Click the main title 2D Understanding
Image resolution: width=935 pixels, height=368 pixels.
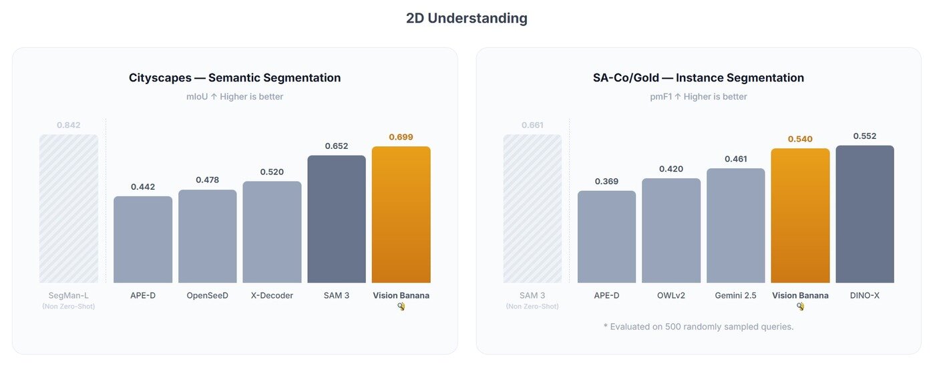(x=466, y=18)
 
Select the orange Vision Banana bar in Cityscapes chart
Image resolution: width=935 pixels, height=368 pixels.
(x=401, y=214)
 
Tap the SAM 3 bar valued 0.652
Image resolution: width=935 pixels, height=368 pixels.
(x=337, y=219)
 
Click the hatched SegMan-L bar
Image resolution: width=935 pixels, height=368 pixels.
(x=69, y=208)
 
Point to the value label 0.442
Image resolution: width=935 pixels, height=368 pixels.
(x=143, y=187)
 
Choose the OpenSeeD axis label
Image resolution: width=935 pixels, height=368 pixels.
(x=207, y=295)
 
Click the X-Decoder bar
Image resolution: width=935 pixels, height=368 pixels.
(x=272, y=232)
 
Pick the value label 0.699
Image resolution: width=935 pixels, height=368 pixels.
(x=401, y=137)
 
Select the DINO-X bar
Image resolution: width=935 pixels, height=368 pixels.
(x=864, y=214)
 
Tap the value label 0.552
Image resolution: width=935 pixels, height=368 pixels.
(x=864, y=136)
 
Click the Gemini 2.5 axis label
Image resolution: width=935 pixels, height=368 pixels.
(x=735, y=295)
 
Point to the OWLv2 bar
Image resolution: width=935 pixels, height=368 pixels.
(x=671, y=230)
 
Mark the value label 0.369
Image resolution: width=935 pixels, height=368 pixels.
(x=606, y=181)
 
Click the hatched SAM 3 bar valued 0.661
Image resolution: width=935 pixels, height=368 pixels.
(x=532, y=208)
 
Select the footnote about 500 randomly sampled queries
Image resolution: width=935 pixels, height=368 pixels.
(x=698, y=327)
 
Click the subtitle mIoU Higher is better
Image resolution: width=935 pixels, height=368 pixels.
(x=234, y=97)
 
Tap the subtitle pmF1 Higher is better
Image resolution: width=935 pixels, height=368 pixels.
(x=698, y=97)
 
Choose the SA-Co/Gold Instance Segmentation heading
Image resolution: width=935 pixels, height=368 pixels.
(x=698, y=77)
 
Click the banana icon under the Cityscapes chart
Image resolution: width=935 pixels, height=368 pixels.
(x=401, y=307)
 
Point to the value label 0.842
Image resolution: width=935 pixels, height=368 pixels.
(x=69, y=125)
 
